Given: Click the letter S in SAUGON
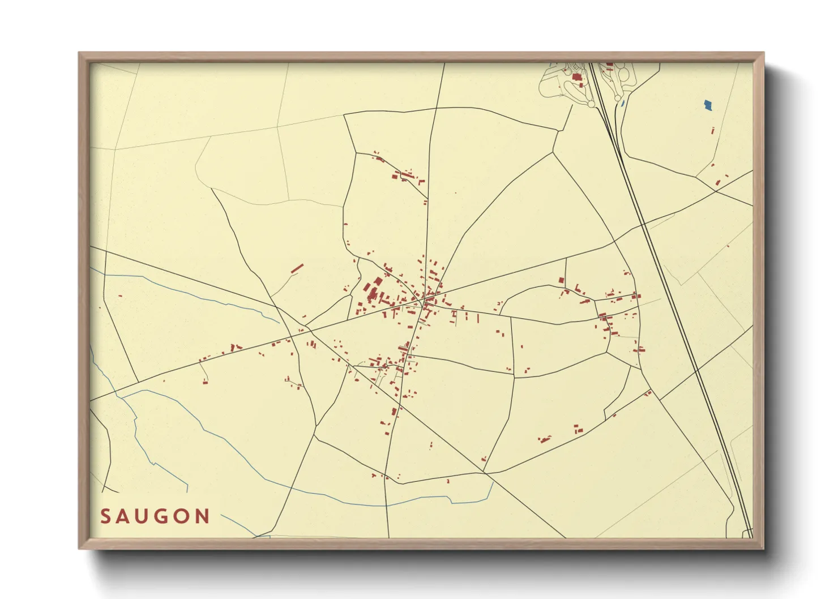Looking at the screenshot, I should point(105,516).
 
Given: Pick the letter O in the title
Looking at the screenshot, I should point(182,516).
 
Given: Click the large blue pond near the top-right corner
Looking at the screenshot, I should point(707,105).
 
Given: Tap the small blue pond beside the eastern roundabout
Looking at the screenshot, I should point(621,104).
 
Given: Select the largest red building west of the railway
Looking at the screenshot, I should point(576,78).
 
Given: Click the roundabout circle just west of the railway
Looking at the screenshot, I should point(591,104).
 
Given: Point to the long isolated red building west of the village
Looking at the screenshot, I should point(297,268).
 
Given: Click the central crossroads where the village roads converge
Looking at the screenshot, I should point(422,300).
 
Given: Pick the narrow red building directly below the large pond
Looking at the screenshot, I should point(713,131).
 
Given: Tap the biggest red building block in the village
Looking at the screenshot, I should point(373,293).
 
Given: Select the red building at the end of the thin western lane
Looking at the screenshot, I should point(205,382).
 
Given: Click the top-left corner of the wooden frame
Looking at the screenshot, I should point(79,53).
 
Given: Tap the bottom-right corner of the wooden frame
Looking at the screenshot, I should point(764,549).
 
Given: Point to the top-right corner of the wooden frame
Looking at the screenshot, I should point(764,53).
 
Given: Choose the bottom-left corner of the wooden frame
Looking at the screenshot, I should point(79,549).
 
